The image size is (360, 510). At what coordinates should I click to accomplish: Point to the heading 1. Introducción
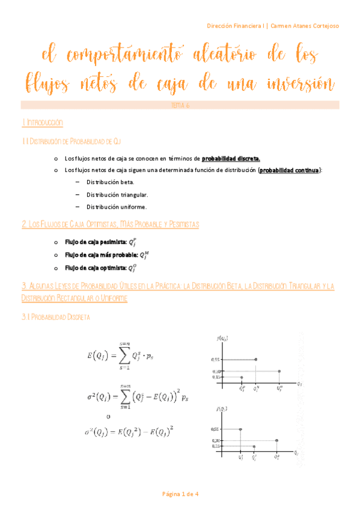coord(42,122)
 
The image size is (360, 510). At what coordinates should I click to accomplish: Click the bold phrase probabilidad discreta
coord(231,159)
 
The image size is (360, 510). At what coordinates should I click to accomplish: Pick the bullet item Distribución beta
coord(111,182)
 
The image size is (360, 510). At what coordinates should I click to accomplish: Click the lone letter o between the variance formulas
coord(108,416)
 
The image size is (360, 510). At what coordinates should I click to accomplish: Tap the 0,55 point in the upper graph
coord(256,360)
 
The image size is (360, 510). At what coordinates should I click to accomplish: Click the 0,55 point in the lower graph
coord(240,429)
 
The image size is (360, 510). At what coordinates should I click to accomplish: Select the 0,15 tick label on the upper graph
coord(216,378)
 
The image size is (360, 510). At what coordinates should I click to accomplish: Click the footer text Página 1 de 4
coord(180,494)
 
